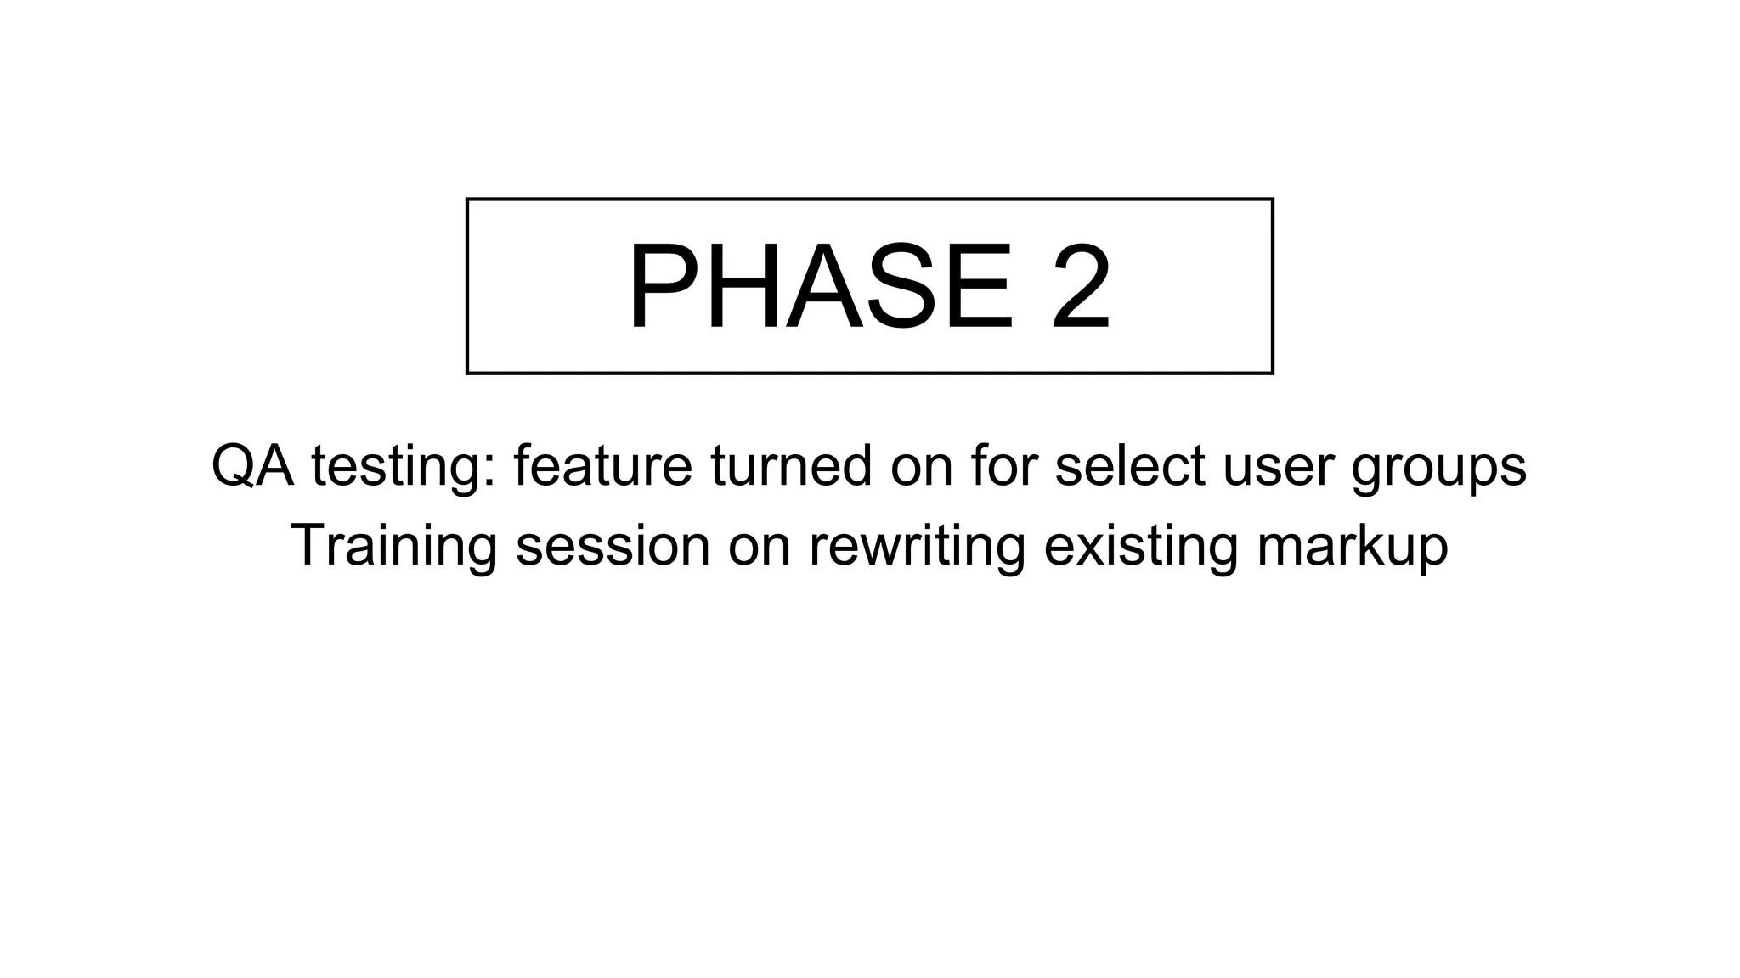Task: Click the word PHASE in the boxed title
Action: tap(821, 287)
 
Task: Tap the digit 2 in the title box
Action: tap(1080, 287)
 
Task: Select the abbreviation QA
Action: tap(252, 466)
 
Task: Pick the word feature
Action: tap(602, 466)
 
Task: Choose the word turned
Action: tap(791, 466)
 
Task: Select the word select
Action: tap(1129, 466)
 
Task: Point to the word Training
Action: tap(394, 546)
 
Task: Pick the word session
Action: tap(613, 546)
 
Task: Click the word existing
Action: tap(1140, 546)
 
